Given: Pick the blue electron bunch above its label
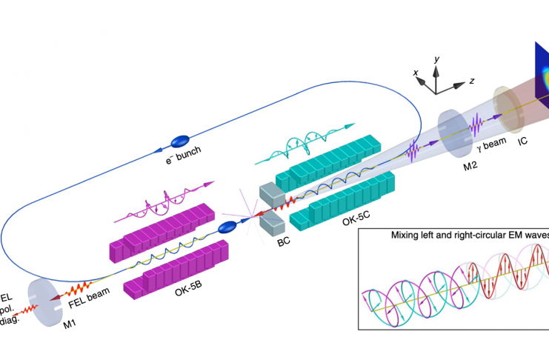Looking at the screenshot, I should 181,140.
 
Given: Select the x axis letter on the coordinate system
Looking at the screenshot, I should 418,73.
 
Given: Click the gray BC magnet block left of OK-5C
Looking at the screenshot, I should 268,193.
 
